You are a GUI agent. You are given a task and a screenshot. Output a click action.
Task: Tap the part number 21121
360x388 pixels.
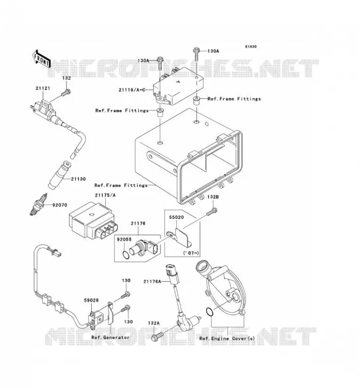pyautogui.click(x=43, y=88)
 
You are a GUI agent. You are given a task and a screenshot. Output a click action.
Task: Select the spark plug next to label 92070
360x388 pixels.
pyautogui.click(x=38, y=204)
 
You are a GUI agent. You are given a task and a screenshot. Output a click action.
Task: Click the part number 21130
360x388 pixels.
pyautogui.click(x=78, y=179)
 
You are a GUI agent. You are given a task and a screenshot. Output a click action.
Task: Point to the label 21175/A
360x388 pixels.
pyautogui.click(x=105, y=195)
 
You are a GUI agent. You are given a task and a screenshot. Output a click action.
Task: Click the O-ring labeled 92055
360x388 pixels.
pyautogui.click(x=126, y=255)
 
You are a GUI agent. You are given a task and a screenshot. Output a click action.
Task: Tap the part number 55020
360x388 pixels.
pyautogui.click(x=176, y=217)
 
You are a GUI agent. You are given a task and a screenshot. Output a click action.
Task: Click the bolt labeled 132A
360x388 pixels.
pyautogui.click(x=157, y=336)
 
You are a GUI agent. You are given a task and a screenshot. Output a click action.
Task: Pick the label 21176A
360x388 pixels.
pyautogui.click(x=152, y=281)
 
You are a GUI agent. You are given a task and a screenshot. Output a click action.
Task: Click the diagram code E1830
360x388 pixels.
pyautogui.click(x=251, y=47)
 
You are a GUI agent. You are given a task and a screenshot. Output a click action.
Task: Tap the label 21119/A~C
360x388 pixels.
pyautogui.click(x=131, y=90)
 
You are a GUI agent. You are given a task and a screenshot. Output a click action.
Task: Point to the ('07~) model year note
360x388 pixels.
pyautogui.click(x=191, y=253)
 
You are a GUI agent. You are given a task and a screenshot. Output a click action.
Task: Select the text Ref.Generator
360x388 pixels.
pyautogui.click(x=111, y=337)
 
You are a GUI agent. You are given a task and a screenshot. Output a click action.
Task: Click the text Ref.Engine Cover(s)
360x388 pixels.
pyautogui.click(x=227, y=338)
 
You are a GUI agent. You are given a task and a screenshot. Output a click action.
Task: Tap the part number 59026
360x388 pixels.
pyautogui.click(x=91, y=300)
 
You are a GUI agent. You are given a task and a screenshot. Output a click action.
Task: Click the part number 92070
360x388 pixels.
pyautogui.click(x=60, y=205)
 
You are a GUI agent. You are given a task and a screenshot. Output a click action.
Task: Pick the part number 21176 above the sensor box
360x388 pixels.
pyautogui.click(x=138, y=224)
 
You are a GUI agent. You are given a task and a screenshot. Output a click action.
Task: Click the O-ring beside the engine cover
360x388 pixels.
pyautogui.click(x=210, y=312)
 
